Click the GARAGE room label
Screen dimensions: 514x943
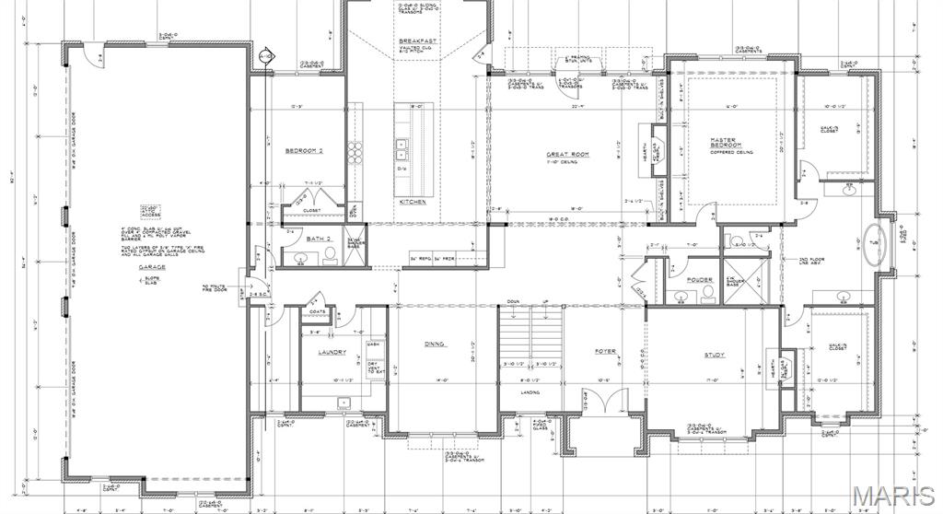tap(152, 267)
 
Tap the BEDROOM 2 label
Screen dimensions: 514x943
tap(304, 150)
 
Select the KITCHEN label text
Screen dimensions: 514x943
tap(412, 201)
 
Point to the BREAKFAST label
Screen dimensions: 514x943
tap(416, 42)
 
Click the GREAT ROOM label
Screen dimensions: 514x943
tap(568, 154)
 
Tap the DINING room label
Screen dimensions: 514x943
tap(435, 344)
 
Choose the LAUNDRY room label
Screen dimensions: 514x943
tap(332, 353)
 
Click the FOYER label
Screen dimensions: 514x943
tap(604, 351)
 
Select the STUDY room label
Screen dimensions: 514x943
tap(715, 355)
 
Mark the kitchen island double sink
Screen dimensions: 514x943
tap(402, 145)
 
